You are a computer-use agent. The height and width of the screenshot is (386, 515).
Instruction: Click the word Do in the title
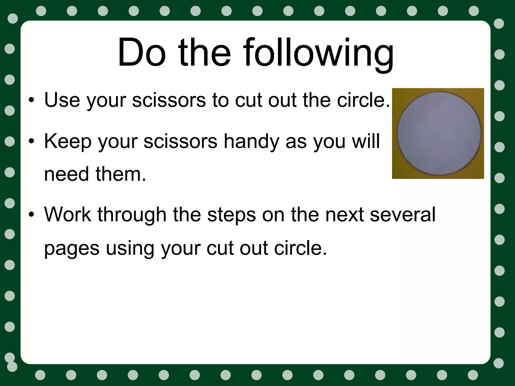coord(142,53)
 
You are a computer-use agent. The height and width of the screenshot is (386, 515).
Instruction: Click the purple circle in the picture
coord(439,134)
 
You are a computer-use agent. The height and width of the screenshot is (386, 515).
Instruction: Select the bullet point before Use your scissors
coord(31,101)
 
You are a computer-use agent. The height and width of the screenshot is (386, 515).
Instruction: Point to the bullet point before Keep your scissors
coord(31,141)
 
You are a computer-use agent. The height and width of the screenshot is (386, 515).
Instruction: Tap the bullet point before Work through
coord(31,215)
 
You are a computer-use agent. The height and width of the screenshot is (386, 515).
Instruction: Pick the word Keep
coord(68,141)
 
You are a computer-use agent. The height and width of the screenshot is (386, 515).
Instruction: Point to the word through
coord(132,215)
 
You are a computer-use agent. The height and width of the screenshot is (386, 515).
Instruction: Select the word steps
coord(232,215)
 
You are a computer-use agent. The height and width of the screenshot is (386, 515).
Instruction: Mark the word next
coord(344,215)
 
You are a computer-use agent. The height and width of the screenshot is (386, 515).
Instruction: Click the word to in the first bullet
coord(220,100)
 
